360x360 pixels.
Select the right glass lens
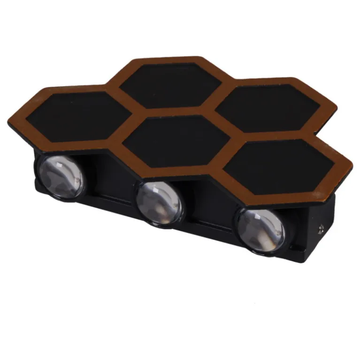pos(261,230)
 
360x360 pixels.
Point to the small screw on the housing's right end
pos(323,229)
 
